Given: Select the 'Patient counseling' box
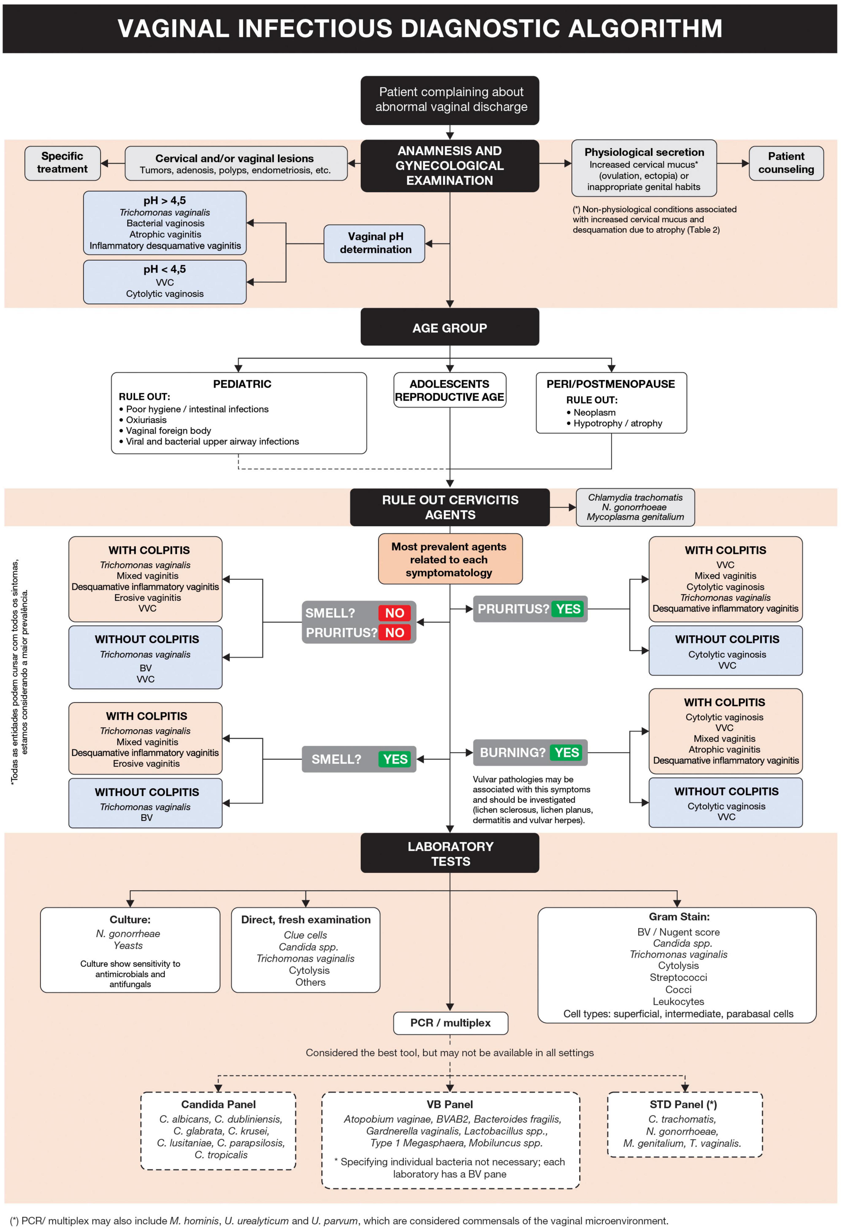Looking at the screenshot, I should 786,163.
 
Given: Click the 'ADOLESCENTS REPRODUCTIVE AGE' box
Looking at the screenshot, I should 450,390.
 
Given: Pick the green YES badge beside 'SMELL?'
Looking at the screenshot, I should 395,759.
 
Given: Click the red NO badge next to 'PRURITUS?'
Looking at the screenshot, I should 395,632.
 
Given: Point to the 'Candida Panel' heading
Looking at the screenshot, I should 218,1104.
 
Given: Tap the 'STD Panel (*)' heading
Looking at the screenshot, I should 683,1104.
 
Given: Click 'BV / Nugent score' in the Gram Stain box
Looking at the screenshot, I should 678,932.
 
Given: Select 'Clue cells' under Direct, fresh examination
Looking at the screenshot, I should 306,935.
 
